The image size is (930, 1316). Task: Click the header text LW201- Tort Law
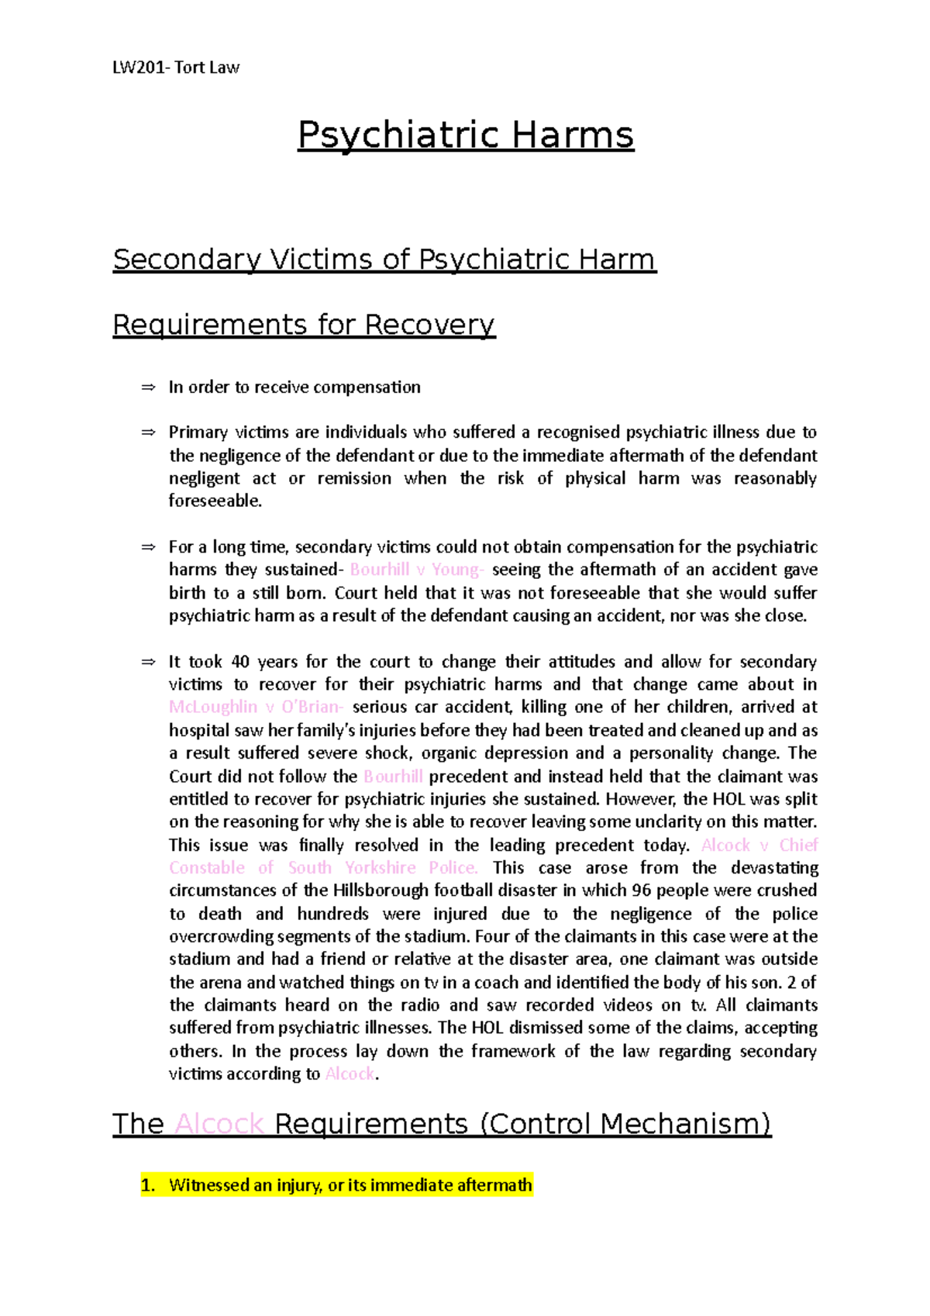(x=176, y=67)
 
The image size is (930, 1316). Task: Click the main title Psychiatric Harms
(x=466, y=135)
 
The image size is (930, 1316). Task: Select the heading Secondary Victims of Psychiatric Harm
(x=384, y=259)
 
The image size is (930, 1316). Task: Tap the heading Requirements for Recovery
(x=304, y=324)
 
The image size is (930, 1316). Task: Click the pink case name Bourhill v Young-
(x=417, y=570)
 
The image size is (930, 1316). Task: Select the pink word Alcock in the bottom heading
(x=219, y=1124)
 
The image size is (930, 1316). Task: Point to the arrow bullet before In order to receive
(x=149, y=388)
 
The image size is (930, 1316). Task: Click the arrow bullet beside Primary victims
(x=149, y=432)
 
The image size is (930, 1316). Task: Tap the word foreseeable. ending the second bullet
(x=215, y=501)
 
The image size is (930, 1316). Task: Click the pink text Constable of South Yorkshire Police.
(x=323, y=868)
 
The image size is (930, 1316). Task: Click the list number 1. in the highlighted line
(x=149, y=1185)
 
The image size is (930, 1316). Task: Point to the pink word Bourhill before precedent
(x=393, y=777)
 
